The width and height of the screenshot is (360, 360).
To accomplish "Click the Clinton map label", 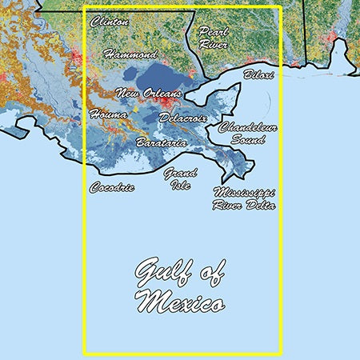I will point(110,22).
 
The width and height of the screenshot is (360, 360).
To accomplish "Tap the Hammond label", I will point(131,55).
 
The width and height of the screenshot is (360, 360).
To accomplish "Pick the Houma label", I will point(108,114).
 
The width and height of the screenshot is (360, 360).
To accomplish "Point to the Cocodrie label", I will point(112,188).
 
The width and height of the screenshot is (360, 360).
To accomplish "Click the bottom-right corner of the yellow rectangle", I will point(281,352).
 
